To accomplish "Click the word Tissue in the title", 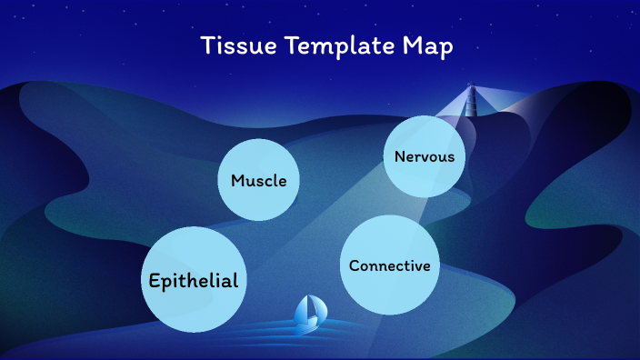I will (229, 46).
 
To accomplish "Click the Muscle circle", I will (259, 180).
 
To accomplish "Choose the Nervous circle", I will (424, 156).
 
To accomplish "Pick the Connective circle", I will (389, 265).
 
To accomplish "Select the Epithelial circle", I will (194, 280).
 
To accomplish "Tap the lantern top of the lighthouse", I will (471, 87).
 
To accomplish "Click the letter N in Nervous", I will (400, 156).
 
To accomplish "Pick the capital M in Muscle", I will (237, 180).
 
